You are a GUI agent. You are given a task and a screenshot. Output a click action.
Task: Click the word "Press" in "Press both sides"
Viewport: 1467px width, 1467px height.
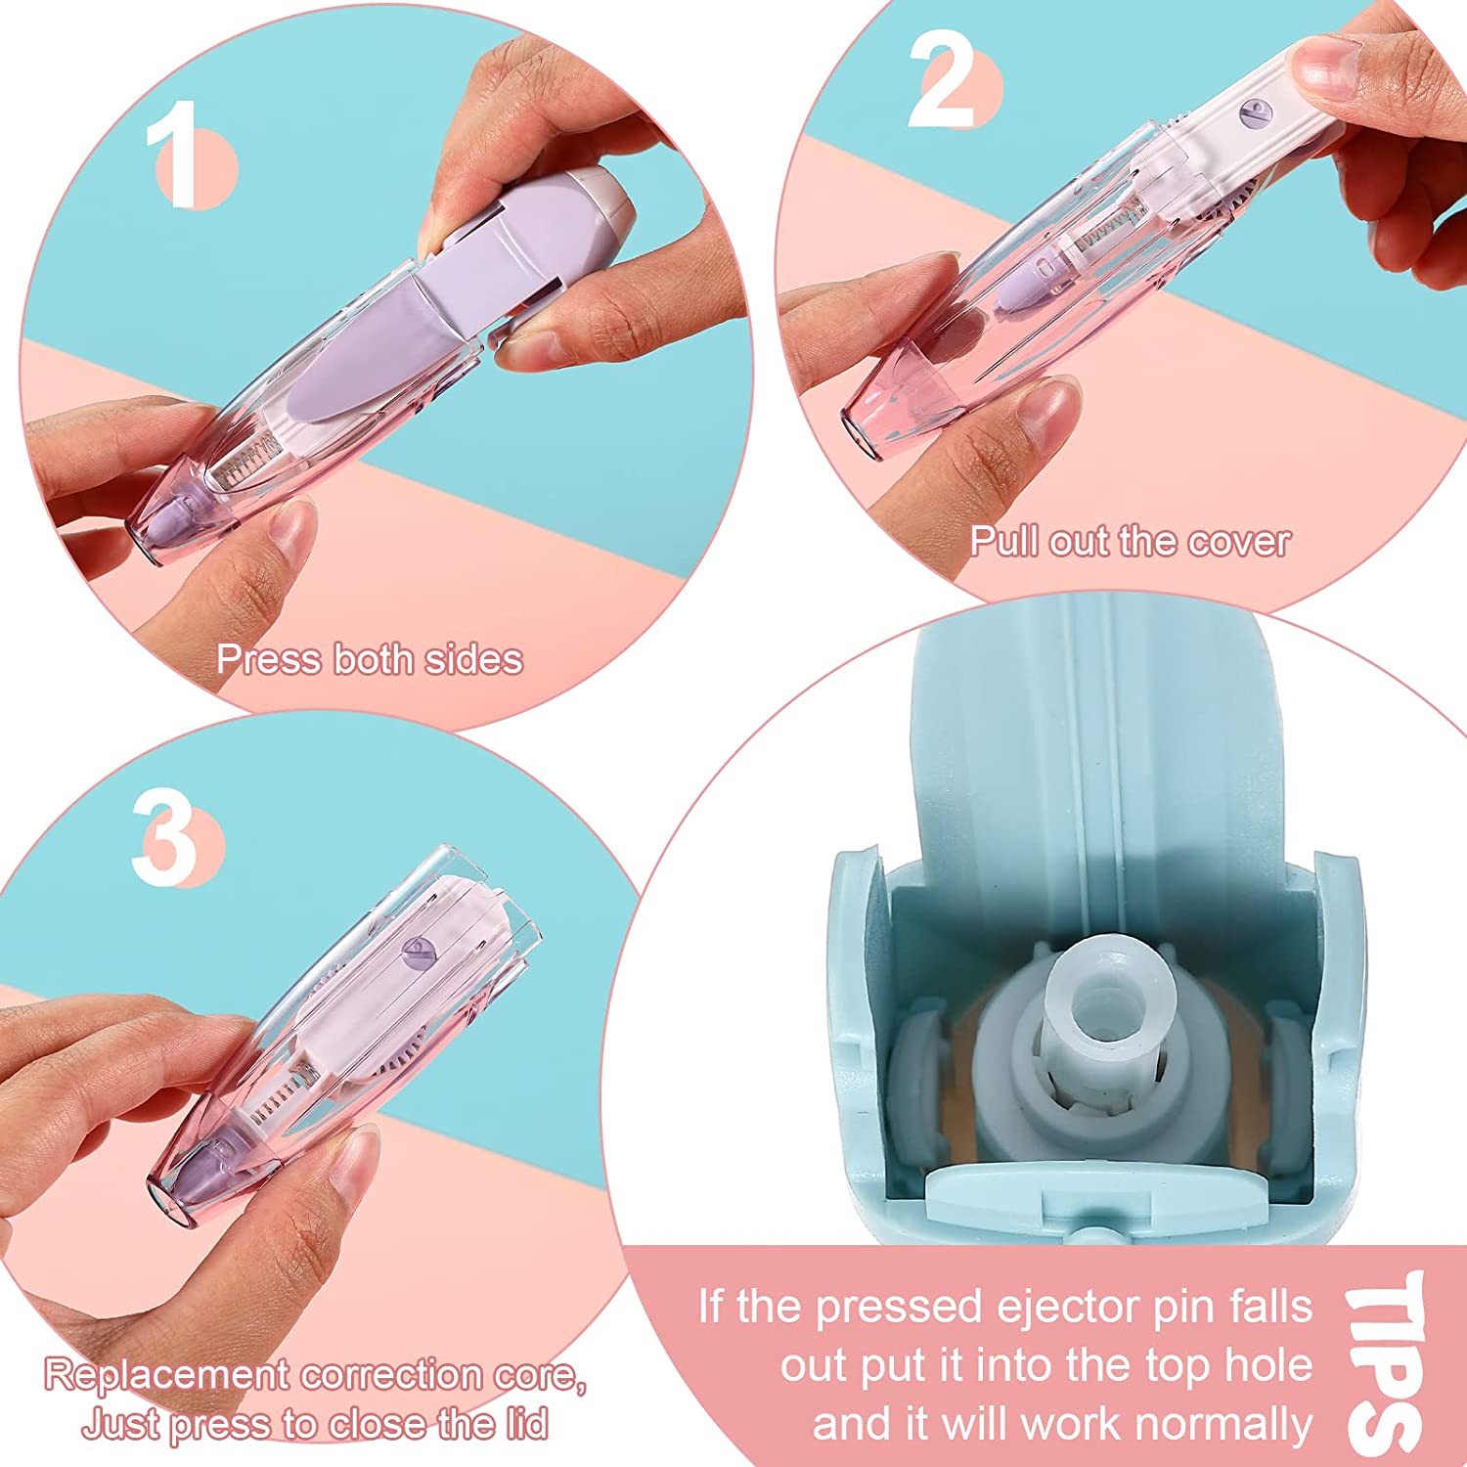(269, 659)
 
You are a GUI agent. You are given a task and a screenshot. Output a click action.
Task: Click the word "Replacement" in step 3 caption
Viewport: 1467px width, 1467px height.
(166, 1376)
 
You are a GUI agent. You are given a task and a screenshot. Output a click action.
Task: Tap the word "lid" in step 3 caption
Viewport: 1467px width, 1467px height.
(527, 1423)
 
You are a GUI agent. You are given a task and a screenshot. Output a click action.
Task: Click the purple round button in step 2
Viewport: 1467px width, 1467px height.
(1253, 112)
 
